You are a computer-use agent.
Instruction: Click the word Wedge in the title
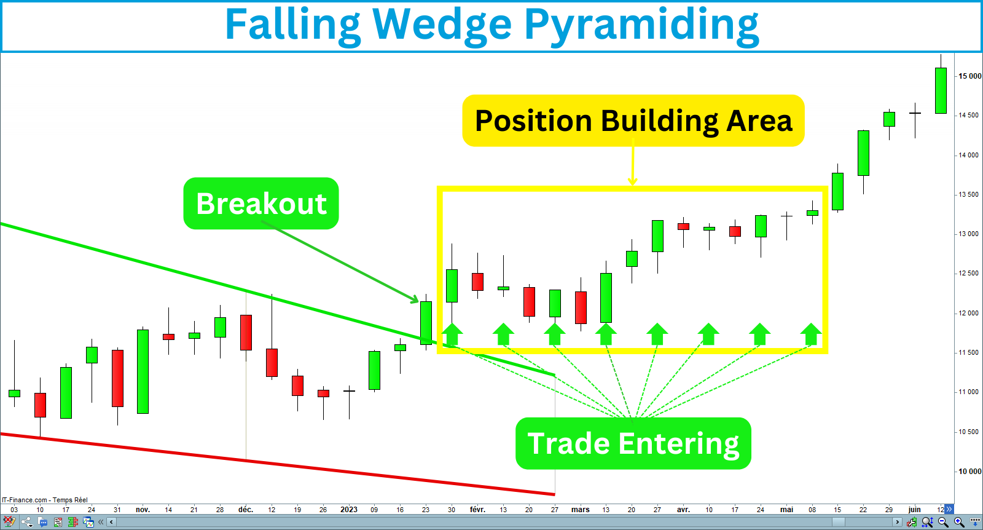click(442, 26)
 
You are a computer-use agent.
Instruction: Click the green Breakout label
click(261, 204)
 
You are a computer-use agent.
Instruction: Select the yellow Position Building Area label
click(633, 121)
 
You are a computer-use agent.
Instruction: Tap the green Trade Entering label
click(633, 443)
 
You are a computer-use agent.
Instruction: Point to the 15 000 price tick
click(969, 76)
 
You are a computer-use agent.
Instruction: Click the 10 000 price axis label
click(969, 472)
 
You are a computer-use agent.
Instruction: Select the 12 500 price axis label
click(969, 274)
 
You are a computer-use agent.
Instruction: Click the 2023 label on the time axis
click(349, 510)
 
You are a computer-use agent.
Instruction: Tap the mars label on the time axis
click(580, 510)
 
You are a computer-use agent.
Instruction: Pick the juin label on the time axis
click(914, 510)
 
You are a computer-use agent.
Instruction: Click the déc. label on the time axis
click(246, 510)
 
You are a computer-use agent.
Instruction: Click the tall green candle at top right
click(941, 90)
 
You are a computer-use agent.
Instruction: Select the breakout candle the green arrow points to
click(426, 322)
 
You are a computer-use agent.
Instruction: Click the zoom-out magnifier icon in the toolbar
click(943, 522)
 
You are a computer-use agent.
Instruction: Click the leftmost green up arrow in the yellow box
click(452, 334)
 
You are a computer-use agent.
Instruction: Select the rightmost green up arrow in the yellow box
click(811, 334)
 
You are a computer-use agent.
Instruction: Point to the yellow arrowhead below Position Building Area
click(633, 181)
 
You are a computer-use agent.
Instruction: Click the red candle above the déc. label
click(246, 332)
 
